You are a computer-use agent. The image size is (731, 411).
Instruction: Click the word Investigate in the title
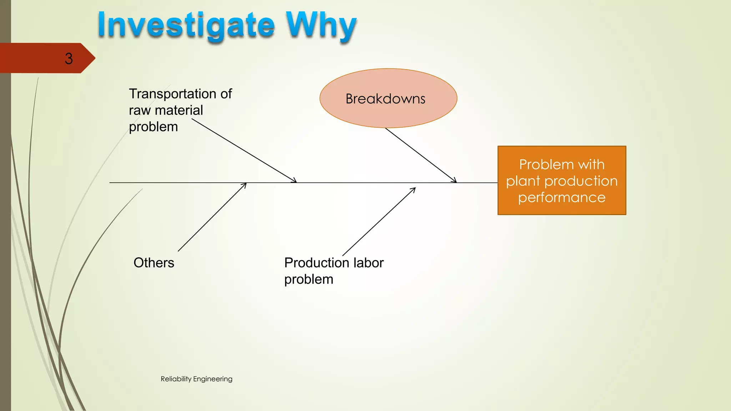tap(186, 26)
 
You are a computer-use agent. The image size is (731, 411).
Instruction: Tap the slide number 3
tap(69, 59)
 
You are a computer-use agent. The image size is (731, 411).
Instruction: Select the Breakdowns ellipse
tap(388, 98)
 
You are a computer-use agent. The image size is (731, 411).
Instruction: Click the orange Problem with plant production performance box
tap(561, 180)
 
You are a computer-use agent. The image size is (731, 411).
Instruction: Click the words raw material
tap(166, 110)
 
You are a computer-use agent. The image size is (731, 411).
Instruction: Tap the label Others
tap(154, 263)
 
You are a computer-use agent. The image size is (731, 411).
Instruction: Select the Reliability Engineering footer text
tap(196, 379)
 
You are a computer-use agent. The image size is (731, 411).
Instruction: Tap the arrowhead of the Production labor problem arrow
tap(414, 189)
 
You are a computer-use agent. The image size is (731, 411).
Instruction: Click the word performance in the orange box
tap(561, 197)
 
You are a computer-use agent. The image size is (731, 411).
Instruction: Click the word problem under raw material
tap(153, 127)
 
